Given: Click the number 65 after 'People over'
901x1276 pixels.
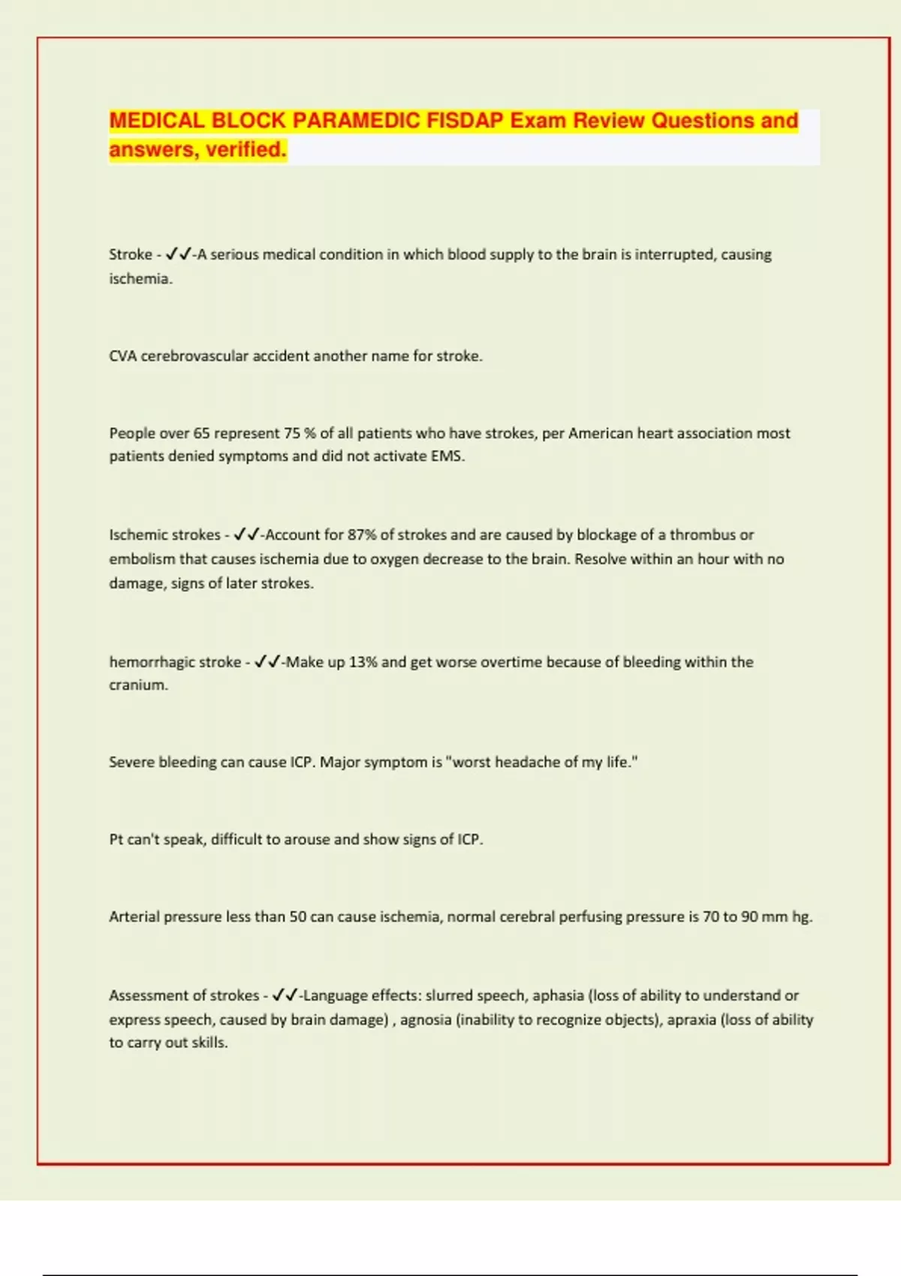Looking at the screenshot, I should point(201,433).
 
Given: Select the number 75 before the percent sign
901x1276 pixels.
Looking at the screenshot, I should point(292,433).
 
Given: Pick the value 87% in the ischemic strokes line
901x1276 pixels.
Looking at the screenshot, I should point(362,534).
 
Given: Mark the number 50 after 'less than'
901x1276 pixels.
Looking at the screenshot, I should point(298,916).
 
